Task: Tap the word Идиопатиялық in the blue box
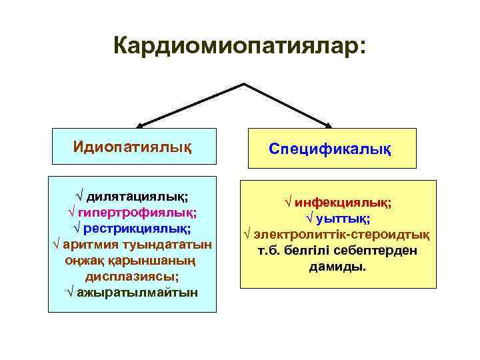132,145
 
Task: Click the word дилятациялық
137,197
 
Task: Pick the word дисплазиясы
132,276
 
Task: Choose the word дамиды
338,267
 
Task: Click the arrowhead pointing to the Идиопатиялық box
141,124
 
